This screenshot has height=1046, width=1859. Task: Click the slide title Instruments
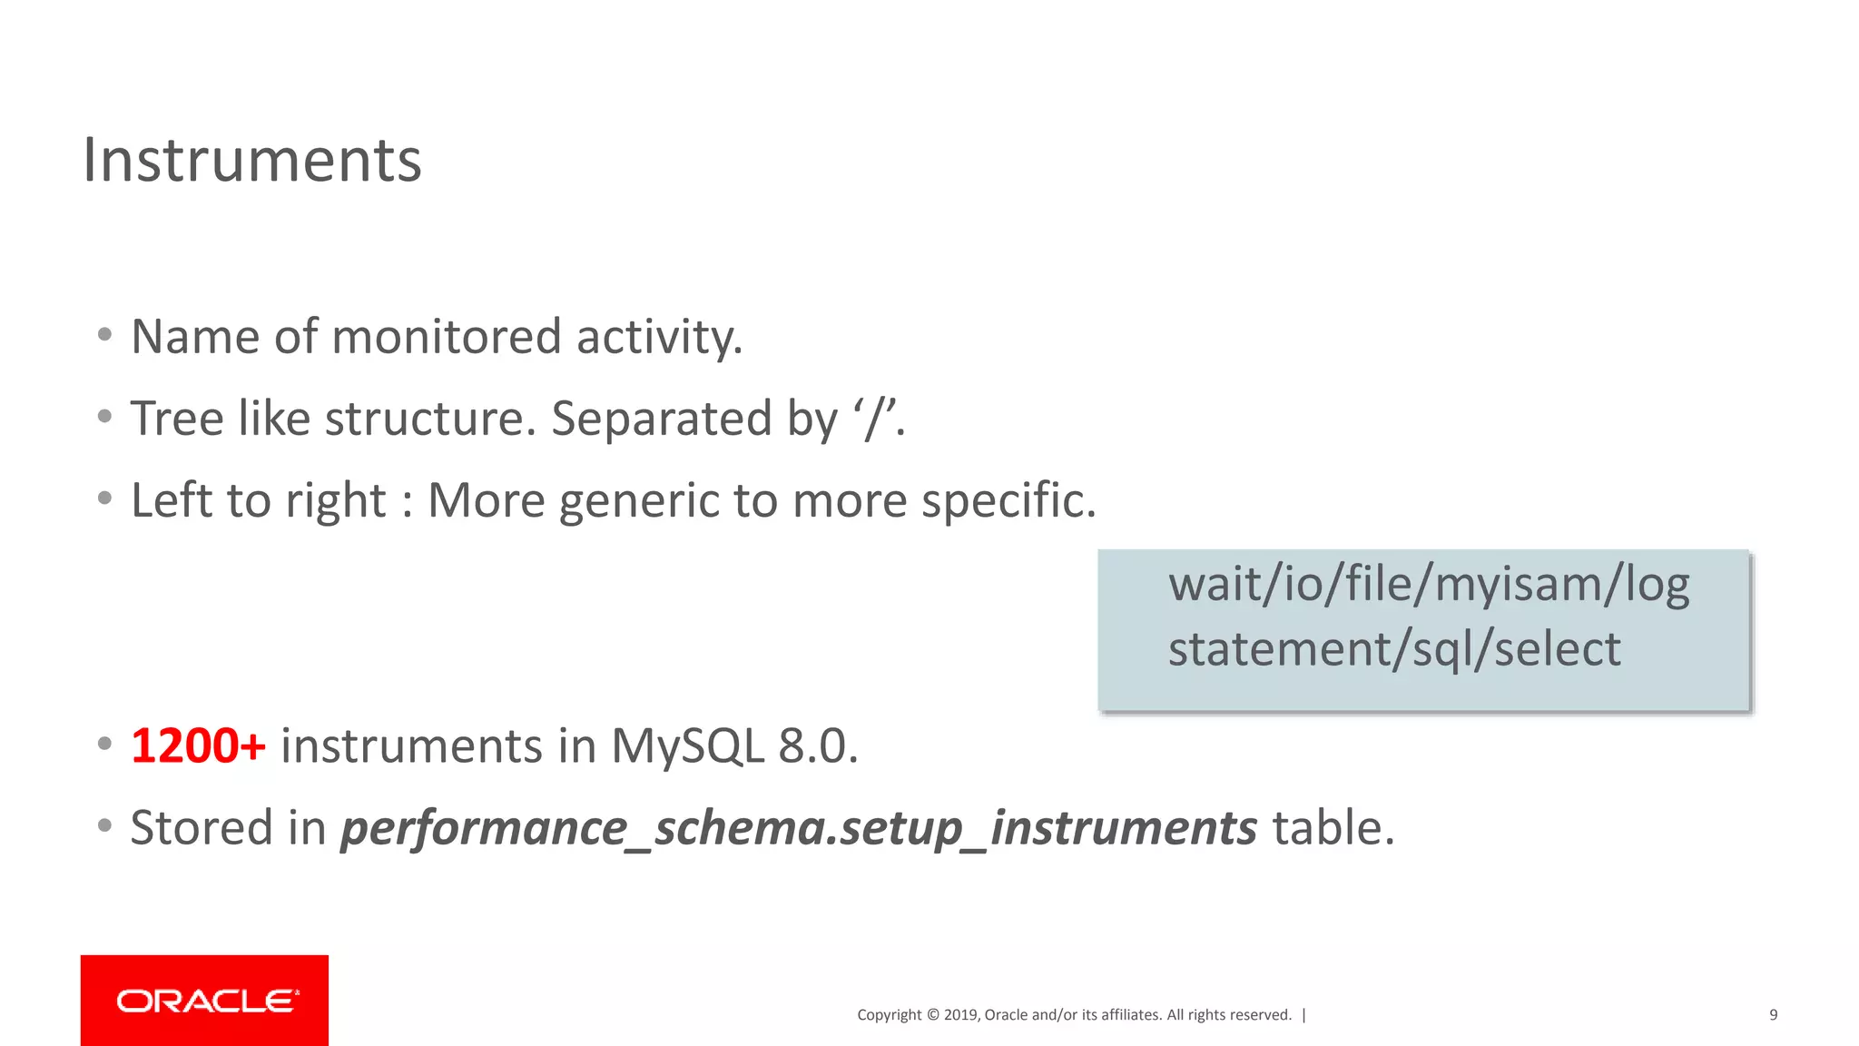(251, 161)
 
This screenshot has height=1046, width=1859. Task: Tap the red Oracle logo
(204, 1000)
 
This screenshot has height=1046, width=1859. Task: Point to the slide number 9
(1773, 1015)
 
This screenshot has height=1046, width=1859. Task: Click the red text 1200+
(198, 746)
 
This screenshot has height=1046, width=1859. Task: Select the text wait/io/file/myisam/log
(1428, 584)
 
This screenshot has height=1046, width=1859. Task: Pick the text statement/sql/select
(1393, 649)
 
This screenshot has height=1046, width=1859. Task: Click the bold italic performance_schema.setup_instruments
(798, 828)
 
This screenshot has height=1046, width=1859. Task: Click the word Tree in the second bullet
(177, 419)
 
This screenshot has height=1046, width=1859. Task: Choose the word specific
(1008, 501)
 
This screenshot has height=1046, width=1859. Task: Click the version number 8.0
(817, 746)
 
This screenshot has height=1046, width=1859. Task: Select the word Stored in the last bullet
(201, 828)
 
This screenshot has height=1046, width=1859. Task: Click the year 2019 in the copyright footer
(961, 1015)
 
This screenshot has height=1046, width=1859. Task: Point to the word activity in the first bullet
(659, 337)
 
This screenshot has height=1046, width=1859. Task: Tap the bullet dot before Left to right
(105, 498)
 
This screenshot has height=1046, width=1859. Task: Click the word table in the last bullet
(1332, 828)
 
